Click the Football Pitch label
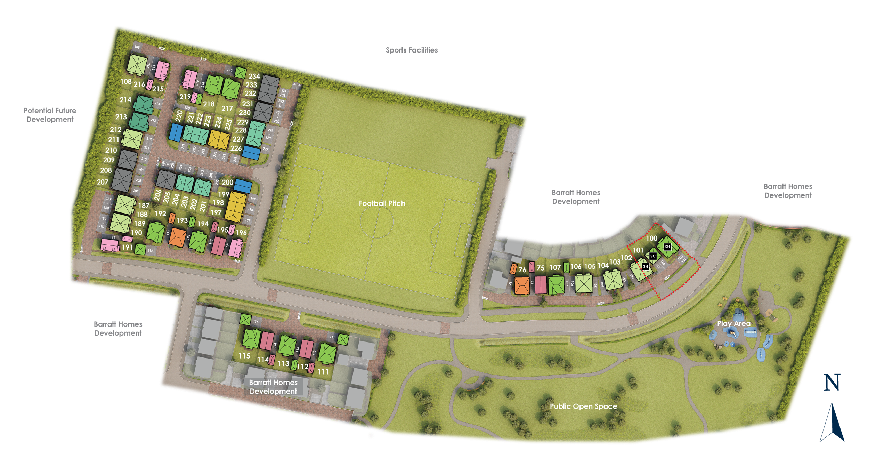click(x=382, y=203)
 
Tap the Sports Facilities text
click(x=412, y=50)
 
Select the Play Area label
click(x=733, y=324)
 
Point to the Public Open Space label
click(x=583, y=406)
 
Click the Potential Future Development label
click(x=50, y=115)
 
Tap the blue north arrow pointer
click(x=832, y=422)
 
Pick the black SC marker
click(x=653, y=256)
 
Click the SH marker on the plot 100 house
click(x=667, y=247)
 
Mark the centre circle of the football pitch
click(x=376, y=221)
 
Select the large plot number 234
click(x=254, y=76)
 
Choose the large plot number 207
click(x=103, y=182)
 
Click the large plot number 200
click(x=227, y=182)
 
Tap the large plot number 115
click(x=244, y=356)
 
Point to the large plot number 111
click(x=323, y=372)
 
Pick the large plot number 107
click(x=555, y=267)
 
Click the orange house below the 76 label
click(x=522, y=285)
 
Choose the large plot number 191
click(x=127, y=247)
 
